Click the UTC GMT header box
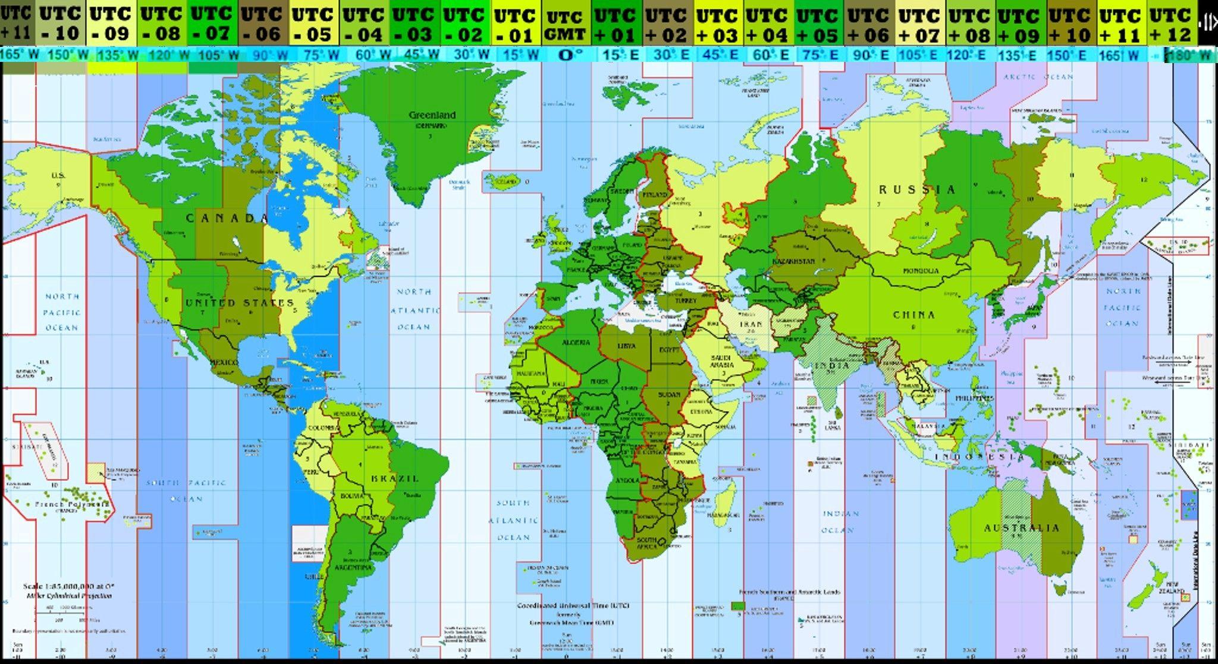[x=566, y=26]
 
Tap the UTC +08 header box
[x=969, y=24]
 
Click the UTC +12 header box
[x=1171, y=24]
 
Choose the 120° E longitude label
[x=969, y=55]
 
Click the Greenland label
[x=432, y=115]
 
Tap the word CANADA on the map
[x=228, y=218]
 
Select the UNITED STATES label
[x=240, y=303]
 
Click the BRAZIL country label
[x=395, y=478]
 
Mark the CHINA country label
[x=914, y=315]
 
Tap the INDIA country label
[x=831, y=365]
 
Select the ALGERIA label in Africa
[x=576, y=342]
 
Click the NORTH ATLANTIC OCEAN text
[x=415, y=309]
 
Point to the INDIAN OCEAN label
[x=841, y=521]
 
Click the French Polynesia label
[x=73, y=505]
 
